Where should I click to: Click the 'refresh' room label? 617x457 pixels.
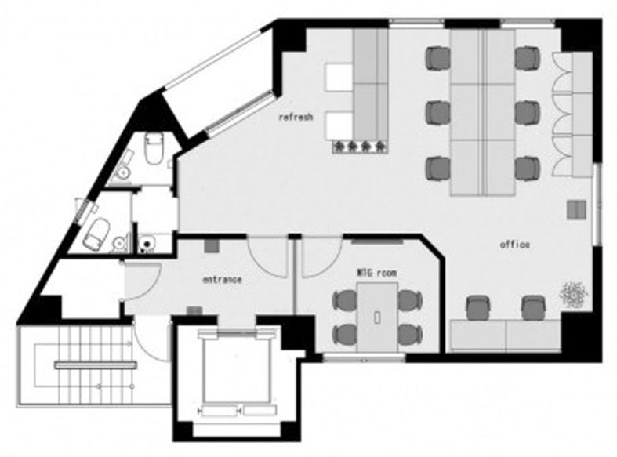tap(296, 117)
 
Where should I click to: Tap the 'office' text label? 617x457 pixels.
tap(514, 245)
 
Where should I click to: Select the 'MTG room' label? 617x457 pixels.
tap(376, 273)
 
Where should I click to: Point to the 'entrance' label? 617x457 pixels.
tap(222, 280)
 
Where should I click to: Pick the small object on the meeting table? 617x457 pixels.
tap(377, 317)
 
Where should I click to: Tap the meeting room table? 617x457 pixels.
tap(377, 317)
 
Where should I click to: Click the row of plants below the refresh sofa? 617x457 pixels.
tap(360, 147)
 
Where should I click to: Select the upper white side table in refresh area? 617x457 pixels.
tap(339, 77)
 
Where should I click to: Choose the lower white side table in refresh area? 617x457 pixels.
tap(339, 125)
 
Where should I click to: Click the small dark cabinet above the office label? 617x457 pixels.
tap(576, 209)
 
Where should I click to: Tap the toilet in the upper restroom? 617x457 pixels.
tap(154, 148)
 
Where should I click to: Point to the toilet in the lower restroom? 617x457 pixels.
tap(96, 234)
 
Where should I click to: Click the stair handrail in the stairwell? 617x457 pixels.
tap(96, 366)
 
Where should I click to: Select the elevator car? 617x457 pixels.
tap(237, 370)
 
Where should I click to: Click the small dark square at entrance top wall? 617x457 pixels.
tap(212, 246)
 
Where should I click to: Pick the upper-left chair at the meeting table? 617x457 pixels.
tap(345, 299)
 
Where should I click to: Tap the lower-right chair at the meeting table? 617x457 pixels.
tap(410, 334)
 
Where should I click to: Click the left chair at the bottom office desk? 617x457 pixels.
tap(478, 308)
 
